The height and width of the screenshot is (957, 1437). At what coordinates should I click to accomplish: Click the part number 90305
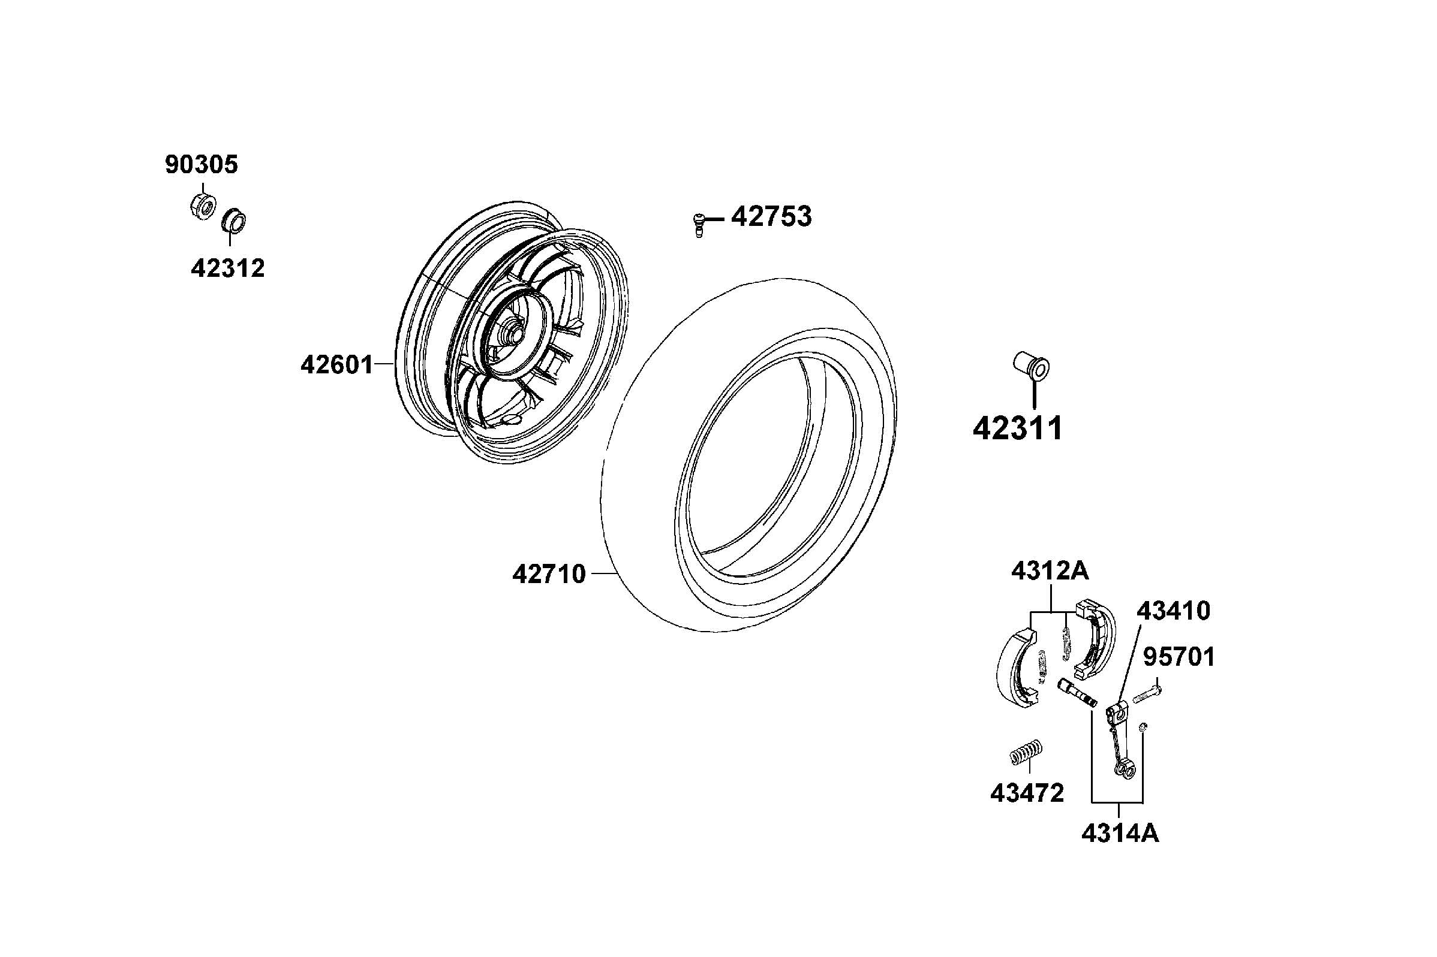[x=201, y=165]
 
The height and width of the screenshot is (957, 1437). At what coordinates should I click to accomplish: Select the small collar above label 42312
[x=233, y=221]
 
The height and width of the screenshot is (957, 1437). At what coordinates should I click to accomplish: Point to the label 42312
[x=228, y=268]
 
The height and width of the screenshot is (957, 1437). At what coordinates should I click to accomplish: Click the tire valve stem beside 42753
[x=699, y=224]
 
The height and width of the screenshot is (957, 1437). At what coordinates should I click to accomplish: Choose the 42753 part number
[x=771, y=217]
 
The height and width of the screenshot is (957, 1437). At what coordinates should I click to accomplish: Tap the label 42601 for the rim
[x=336, y=365]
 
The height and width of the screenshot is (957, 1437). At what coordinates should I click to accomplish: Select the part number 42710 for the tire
[x=548, y=573]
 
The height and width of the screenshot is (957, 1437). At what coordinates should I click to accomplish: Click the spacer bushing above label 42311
[x=1031, y=366]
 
